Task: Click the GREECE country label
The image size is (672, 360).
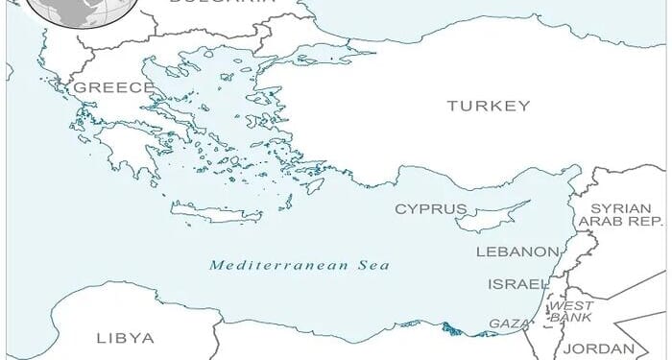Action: pos(113,87)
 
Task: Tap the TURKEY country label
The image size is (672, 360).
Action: pos(488,106)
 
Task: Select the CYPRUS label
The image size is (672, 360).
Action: pos(431,208)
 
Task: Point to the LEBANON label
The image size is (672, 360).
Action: pos(517,252)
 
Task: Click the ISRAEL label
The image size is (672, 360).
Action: pos(519,284)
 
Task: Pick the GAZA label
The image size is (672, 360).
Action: pos(509,324)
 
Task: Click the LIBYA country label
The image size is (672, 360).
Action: pos(125,338)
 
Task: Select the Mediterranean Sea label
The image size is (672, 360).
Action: pos(300,264)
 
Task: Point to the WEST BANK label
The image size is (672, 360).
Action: pos(570,311)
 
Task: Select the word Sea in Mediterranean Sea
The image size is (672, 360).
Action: pos(373,264)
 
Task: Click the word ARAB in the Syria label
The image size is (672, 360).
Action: pos(601,222)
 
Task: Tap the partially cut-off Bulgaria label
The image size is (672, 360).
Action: pos(221,3)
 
